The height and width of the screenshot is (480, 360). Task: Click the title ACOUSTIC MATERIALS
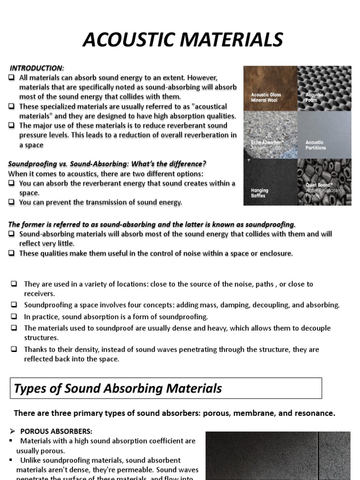point(183,40)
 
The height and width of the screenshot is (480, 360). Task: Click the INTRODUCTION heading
point(37,68)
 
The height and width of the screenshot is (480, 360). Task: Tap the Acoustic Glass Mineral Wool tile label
point(266,97)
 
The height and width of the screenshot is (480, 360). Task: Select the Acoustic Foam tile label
point(314,97)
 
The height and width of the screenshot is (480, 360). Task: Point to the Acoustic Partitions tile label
point(315,145)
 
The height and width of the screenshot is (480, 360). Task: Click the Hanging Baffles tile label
point(260,193)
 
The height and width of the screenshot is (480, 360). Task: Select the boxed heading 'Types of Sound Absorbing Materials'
point(118,388)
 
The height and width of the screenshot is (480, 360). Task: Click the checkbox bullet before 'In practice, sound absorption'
point(14,317)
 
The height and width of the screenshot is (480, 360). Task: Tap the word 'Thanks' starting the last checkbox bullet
point(35,349)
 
